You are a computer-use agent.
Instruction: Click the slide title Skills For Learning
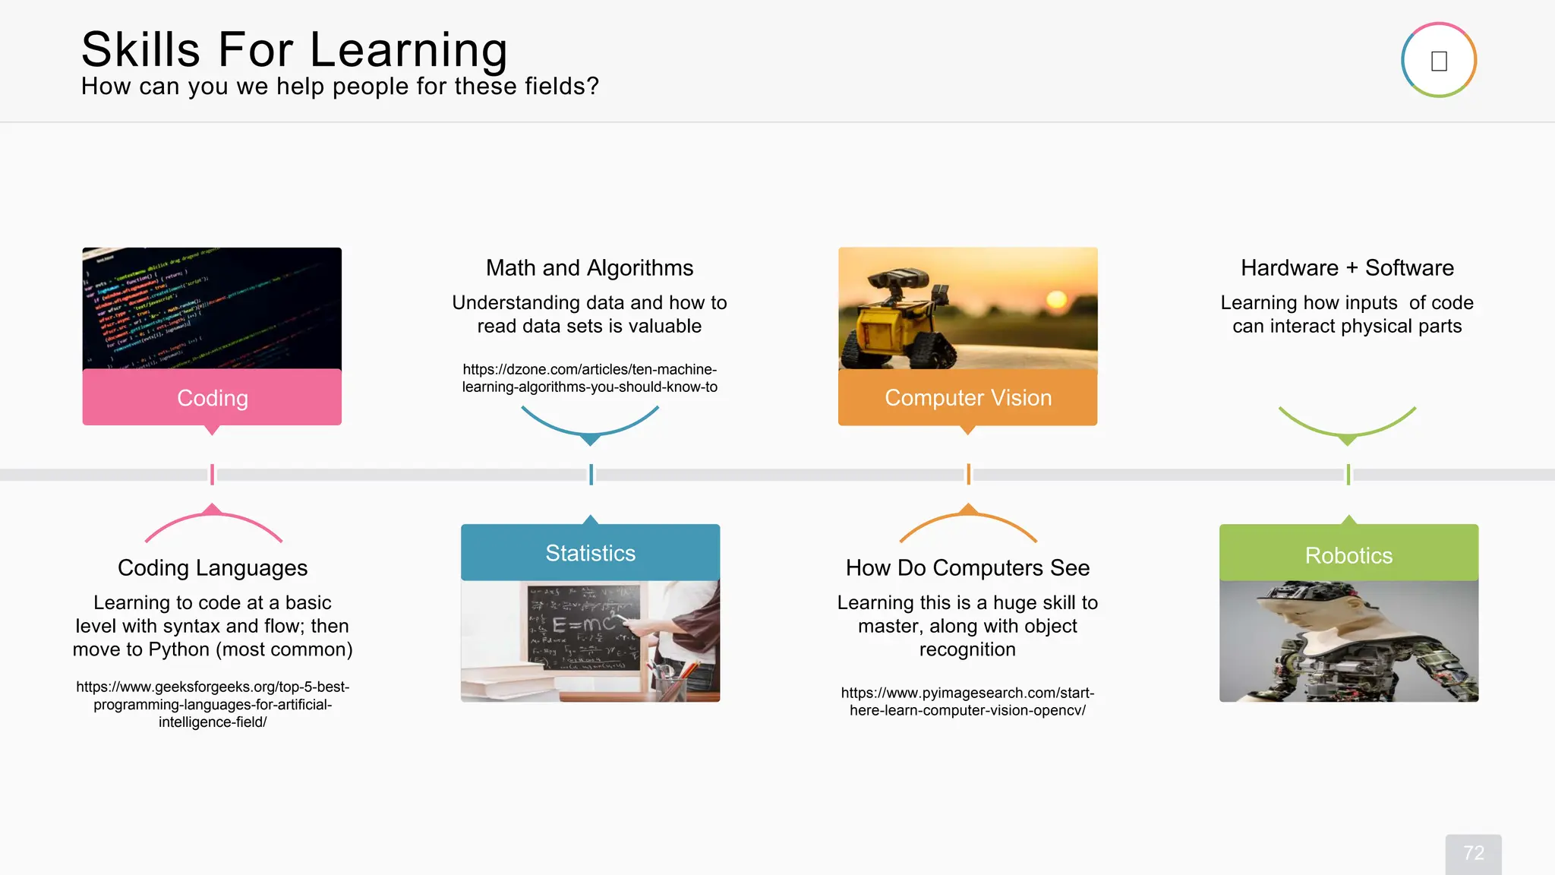click(295, 50)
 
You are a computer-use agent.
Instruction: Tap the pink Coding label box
click(212, 397)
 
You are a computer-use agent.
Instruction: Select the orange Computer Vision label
click(967, 397)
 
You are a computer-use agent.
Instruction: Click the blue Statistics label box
click(590, 553)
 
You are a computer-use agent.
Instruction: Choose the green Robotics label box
click(1348, 554)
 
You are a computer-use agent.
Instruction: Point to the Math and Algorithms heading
click(589, 268)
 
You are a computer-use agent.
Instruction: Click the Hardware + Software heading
click(1347, 268)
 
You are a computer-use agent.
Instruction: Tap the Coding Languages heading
click(213, 568)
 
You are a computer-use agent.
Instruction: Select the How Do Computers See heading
click(967, 568)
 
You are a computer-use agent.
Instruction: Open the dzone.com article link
click(590, 378)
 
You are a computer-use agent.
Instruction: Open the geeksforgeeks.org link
click(213, 704)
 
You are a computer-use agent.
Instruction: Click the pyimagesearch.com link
click(967, 701)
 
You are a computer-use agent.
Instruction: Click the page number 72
click(1473, 853)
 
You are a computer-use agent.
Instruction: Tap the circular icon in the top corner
click(1438, 60)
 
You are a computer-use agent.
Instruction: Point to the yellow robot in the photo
click(900, 319)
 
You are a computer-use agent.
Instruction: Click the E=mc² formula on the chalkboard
click(583, 624)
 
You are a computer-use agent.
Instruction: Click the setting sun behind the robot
click(1056, 299)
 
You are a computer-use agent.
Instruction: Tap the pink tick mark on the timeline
click(212, 475)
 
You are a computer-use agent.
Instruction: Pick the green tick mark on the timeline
click(1348, 475)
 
